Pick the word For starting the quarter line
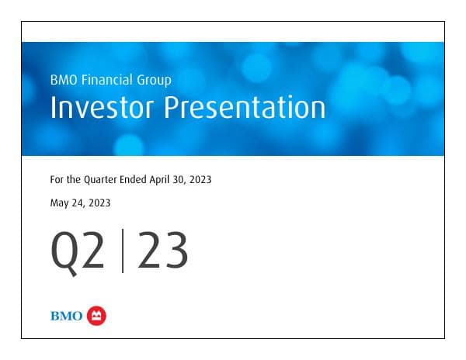[57, 180]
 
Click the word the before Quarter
[76, 180]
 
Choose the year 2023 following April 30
[201, 180]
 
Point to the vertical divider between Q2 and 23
[122, 252]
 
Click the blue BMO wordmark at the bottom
[66, 316]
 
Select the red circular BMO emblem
[97, 315]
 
